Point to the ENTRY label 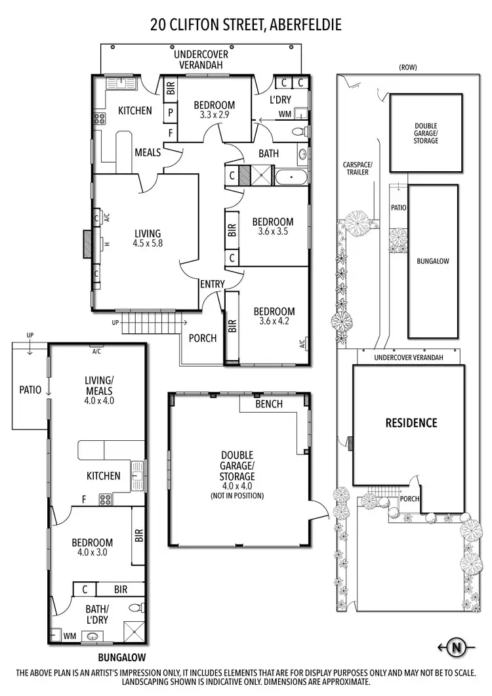[213, 284]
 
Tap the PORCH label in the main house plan [202, 338]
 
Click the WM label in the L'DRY [285, 114]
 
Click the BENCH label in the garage [269, 404]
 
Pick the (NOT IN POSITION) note [237, 495]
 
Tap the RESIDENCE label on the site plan [411, 423]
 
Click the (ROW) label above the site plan [407, 67]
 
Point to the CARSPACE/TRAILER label [358, 169]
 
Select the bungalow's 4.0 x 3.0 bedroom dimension [92, 552]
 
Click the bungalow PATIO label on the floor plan [30, 390]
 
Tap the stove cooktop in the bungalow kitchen [105, 499]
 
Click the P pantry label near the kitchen [171, 112]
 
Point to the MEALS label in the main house [148, 152]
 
